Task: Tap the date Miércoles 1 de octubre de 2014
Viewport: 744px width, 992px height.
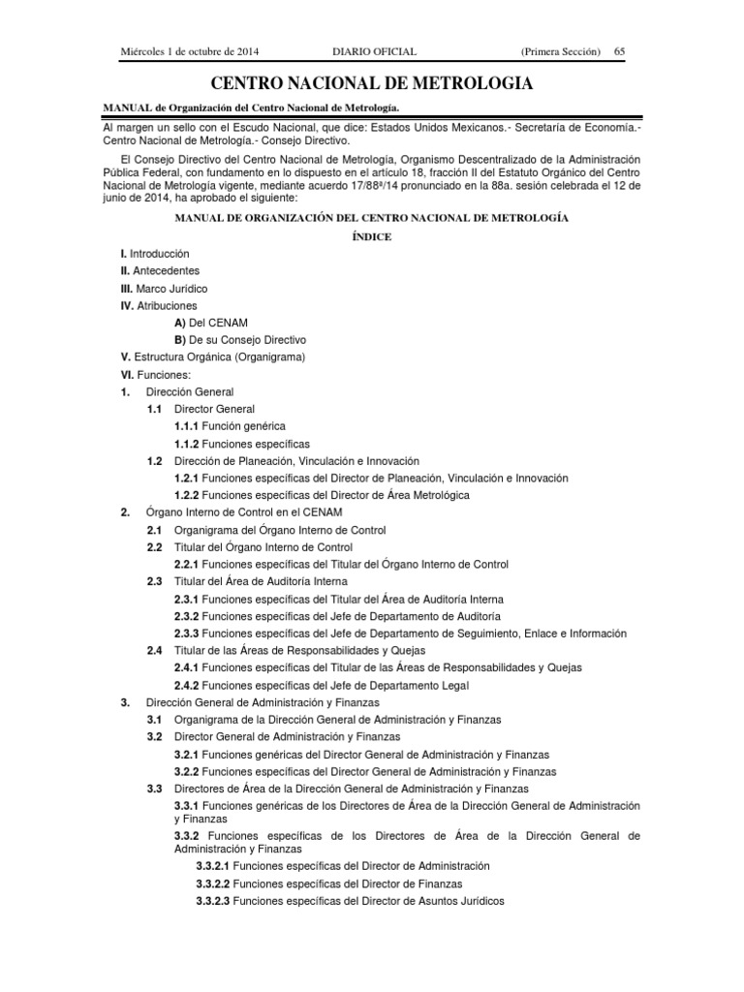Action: [x=190, y=50]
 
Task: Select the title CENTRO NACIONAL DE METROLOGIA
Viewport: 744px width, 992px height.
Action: [x=372, y=84]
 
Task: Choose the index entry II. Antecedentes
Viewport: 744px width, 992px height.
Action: [x=160, y=271]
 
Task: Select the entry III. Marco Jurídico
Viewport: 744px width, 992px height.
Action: [x=164, y=289]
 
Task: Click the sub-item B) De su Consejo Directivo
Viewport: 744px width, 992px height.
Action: [x=240, y=340]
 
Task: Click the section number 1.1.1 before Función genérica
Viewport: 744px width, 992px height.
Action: [x=186, y=426]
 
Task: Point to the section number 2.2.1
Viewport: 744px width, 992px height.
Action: [x=186, y=564]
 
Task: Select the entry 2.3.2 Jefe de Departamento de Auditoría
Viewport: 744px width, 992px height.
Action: [x=337, y=616]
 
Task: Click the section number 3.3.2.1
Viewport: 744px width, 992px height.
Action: [x=213, y=865]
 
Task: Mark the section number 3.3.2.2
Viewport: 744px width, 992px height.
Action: [x=213, y=883]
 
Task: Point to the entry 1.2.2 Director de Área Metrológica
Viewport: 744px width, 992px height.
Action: [x=322, y=495]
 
